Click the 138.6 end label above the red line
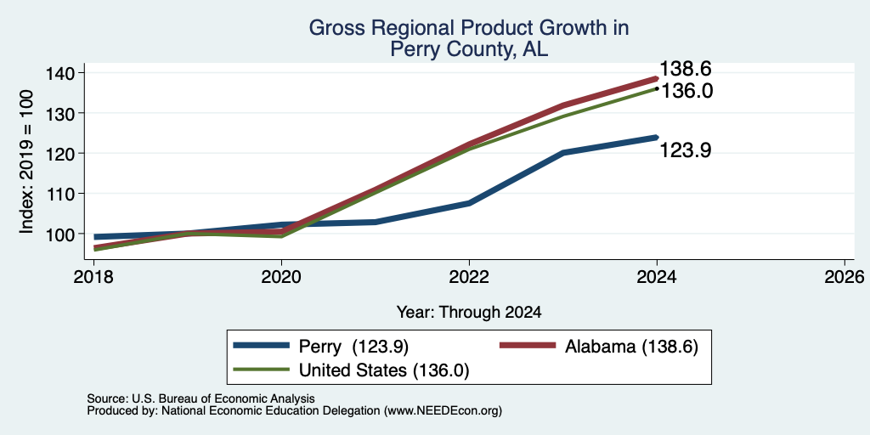686,70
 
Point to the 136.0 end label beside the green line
686,91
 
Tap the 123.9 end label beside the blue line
686,150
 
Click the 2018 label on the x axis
93,276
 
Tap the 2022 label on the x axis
469,276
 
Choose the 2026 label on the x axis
845,276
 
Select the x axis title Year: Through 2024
469,313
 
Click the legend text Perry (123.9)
353,347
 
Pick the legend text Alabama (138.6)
631,347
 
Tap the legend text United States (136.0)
384,370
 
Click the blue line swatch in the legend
262,346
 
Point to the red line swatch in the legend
528,346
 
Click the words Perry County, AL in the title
469,49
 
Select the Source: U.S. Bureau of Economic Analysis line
201,398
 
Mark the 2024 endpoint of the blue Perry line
657,138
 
